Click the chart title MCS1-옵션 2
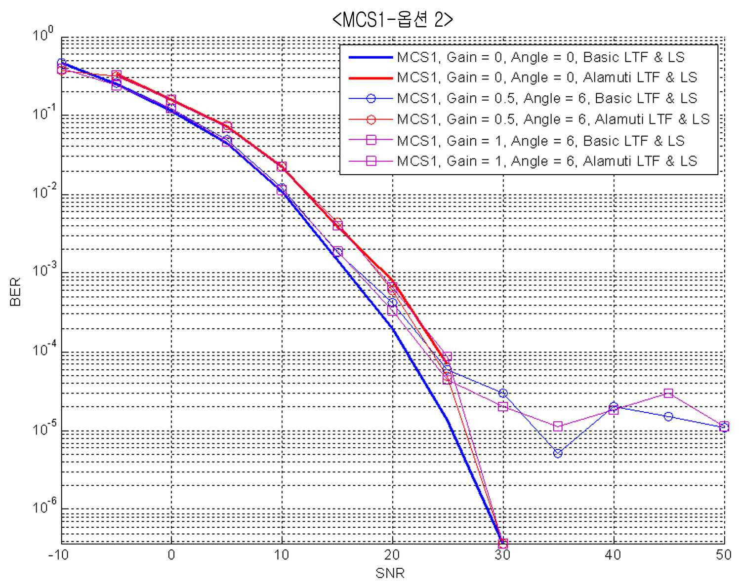392,20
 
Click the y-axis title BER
15,292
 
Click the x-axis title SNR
390,573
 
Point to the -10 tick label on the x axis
58,555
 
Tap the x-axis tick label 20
392,555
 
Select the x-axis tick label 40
613,555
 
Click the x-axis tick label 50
723,555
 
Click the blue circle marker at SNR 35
558,453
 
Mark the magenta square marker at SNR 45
668,393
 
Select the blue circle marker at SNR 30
503,393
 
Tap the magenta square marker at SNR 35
558,426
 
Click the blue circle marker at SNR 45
668,417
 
